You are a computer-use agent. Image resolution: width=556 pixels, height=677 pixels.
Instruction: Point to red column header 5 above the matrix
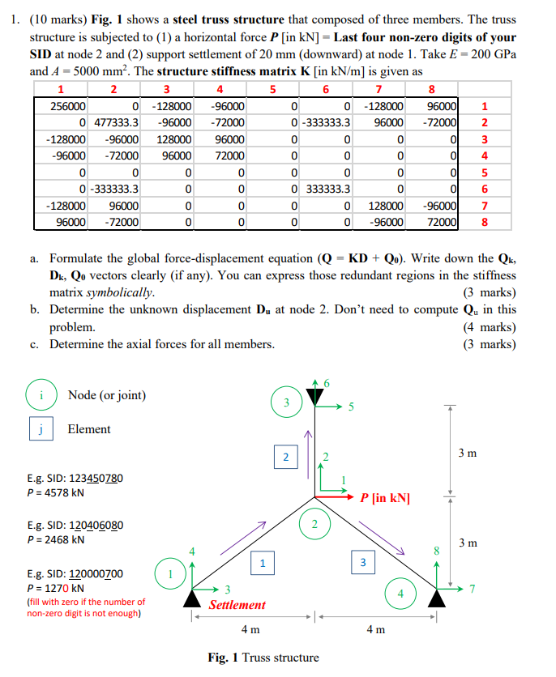pos(272,89)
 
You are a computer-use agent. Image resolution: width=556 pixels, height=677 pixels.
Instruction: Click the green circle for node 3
pos(285,402)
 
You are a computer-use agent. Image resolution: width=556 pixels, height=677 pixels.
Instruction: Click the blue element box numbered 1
pos(261,560)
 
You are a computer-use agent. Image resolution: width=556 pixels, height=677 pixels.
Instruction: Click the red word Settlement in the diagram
pos(237,605)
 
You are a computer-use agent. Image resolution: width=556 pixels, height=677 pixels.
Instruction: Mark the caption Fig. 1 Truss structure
pos(263,658)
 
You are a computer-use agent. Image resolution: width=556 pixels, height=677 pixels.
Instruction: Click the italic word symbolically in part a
pos(120,292)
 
